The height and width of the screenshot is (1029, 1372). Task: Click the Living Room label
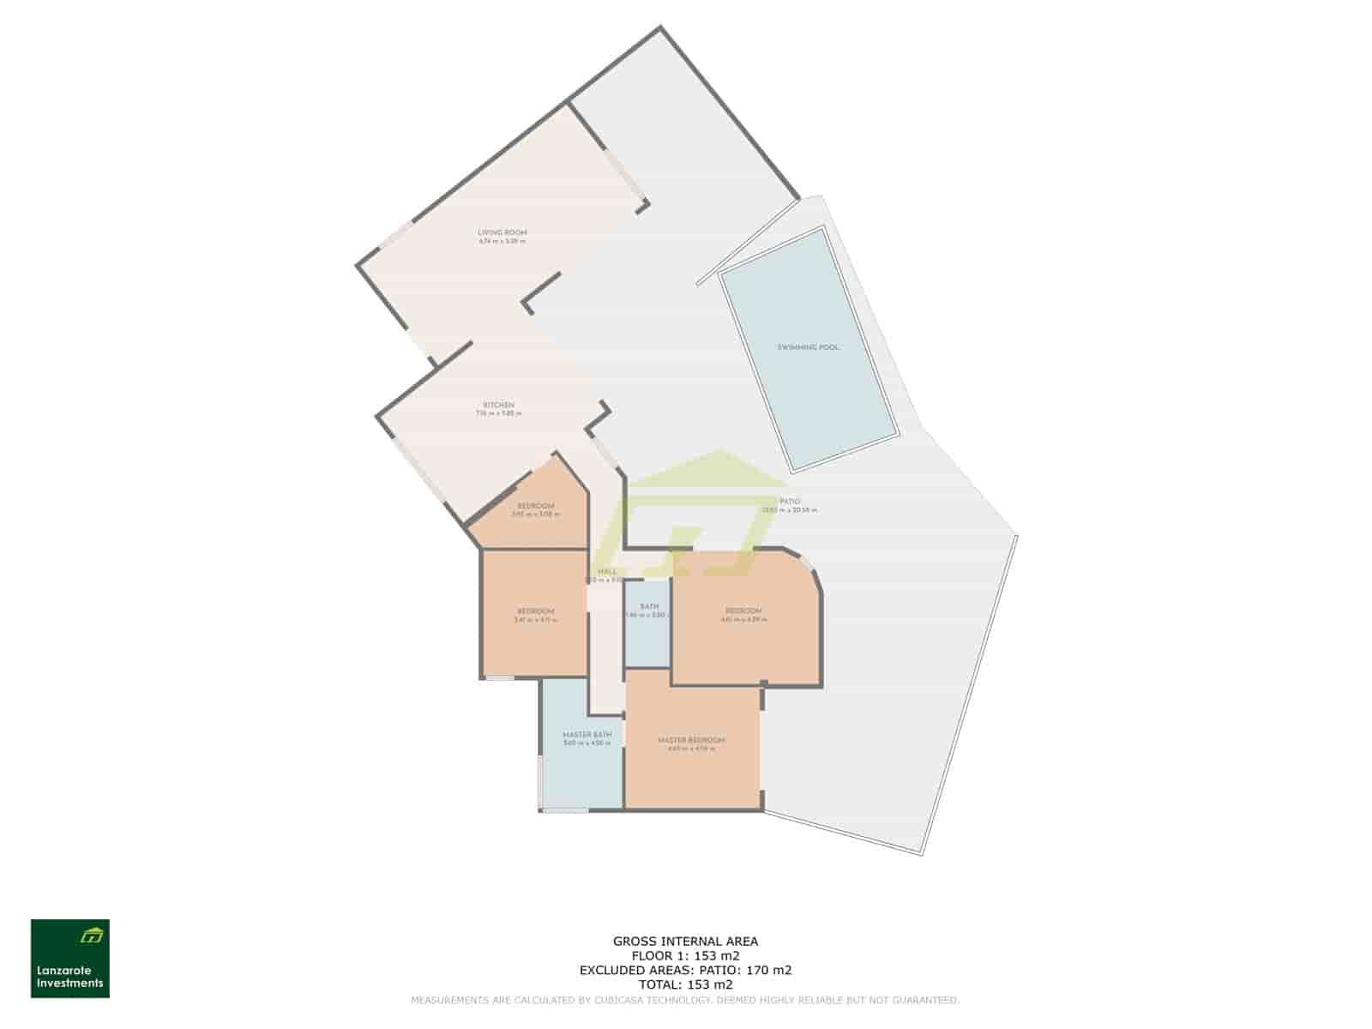pos(502,232)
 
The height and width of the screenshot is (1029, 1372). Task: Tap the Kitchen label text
pos(498,405)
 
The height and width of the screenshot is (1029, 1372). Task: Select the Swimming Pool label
pos(808,347)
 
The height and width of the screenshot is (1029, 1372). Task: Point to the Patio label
pos(790,502)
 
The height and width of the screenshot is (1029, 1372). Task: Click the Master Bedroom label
pos(691,740)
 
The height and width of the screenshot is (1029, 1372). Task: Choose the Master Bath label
pos(587,735)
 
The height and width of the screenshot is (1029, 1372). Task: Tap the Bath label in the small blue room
pos(648,606)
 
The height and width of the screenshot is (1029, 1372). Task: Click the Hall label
pos(607,572)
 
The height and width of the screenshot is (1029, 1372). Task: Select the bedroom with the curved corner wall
pos(743,611)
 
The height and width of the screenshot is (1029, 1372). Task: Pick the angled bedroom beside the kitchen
pos(535,506)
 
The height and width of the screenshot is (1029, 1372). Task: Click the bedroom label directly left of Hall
pos(535,611)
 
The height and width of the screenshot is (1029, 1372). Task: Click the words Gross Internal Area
pos(685,941)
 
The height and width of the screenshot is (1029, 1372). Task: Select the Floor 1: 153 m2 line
pos(685,955)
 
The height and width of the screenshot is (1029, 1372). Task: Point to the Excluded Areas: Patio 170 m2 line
pos(685,970)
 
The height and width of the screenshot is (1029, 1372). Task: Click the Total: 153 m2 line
pos(685,984)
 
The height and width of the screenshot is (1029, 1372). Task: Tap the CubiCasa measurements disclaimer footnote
pos(685,1000)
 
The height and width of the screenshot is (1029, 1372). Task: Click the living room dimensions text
pos(502,241)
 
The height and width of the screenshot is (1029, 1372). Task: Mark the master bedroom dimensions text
pos(691,749)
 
